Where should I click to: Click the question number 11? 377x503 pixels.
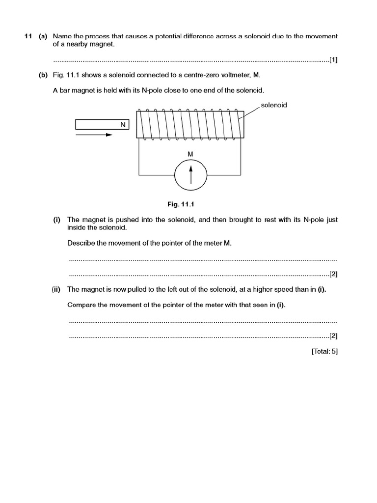[x=28, y=36]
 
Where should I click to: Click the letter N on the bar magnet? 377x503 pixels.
[x=123, y=125]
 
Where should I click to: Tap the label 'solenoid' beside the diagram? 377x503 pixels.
[x=273, y=105]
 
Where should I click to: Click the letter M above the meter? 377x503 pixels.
[x=190, y=154]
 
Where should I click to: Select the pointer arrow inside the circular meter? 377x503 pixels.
[x=191, y=174]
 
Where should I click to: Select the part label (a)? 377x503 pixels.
[x=43, y=36]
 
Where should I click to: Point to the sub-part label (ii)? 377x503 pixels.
[x=56, y=289]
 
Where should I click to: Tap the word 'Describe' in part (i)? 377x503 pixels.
[x=81, y=244]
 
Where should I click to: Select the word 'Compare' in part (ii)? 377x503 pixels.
[x=81, y=305]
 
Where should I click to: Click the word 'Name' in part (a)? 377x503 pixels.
[x=62, y=36]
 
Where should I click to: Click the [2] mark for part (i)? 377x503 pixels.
[x=333, y=274]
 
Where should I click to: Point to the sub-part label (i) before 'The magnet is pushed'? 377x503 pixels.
[x=56, y=220]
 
